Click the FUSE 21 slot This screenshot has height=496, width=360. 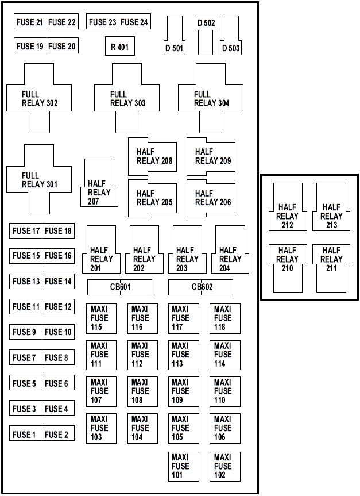(30, 21)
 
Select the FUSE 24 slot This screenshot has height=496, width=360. (134, 21)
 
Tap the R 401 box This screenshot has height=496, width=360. (120, 46)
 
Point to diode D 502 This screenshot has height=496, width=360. (206, 35)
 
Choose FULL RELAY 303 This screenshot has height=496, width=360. (127, 98)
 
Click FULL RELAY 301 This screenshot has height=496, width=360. (39, 179)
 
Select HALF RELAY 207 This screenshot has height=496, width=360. (101, 183)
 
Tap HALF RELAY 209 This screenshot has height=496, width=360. (211, 156)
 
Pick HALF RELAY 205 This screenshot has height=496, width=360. (152, 198)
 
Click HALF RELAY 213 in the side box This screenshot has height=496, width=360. (331, 207)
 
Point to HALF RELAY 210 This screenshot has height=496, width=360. (288, 268)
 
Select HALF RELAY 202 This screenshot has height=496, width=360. (144, 249)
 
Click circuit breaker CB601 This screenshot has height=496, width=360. (119, 287)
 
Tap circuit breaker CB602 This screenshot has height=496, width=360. (201, 287)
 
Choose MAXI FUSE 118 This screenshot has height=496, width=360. (224, 318)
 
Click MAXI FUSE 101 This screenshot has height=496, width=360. (184, 467)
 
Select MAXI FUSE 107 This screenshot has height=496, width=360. (101, 391)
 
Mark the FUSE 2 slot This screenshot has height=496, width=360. (58, 433)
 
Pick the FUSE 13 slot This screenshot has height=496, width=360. (26, 281)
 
